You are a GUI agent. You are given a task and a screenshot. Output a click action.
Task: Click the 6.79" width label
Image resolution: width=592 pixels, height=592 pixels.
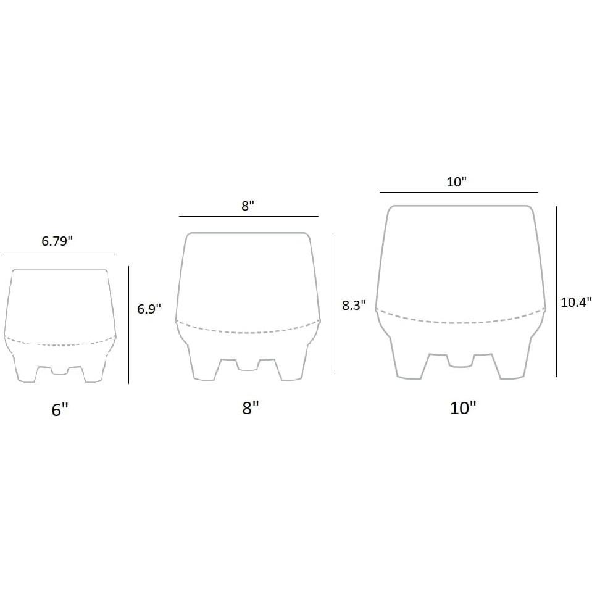(x=57, y=241)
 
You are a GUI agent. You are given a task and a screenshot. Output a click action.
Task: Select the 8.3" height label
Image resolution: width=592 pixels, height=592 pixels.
(x=354, y=305)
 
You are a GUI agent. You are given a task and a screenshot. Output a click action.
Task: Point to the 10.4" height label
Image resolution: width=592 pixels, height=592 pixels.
(x=576, y=302)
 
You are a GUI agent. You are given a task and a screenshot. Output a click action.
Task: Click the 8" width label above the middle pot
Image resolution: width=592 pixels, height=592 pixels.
(x=248, y=206)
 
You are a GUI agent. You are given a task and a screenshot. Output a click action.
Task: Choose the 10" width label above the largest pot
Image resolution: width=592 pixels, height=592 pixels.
(x=456, y=182)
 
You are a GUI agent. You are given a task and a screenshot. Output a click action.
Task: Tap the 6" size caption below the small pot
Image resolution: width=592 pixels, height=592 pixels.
(x=60, y=410)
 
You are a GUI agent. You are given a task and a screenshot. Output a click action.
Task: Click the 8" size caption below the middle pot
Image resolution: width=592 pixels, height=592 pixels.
(x=250, y=408)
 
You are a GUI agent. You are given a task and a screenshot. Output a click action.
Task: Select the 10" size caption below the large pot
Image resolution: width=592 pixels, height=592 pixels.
(x=463, y=408)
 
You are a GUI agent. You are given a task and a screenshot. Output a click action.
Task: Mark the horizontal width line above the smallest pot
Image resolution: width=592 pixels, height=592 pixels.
(x=57, y=254)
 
